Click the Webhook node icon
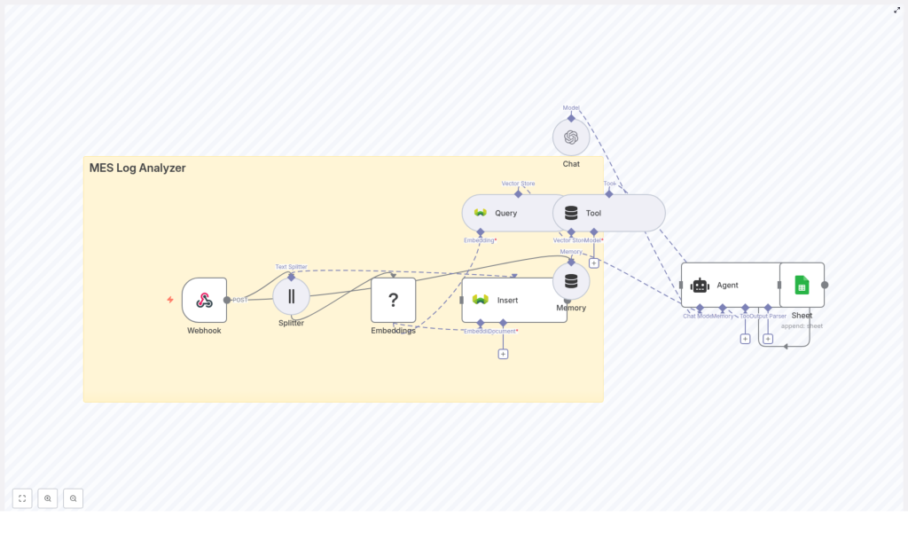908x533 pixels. [x=204, y=300]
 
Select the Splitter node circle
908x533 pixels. [x=291, y=296]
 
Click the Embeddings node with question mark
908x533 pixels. [x=393, y=300]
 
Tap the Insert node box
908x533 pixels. [x=513, y=300]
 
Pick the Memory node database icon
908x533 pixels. [x=571, y=281]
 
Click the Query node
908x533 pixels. [x=505, y=213]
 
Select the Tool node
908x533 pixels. [x=608, y=213]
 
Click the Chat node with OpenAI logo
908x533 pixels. [x=571, y=137]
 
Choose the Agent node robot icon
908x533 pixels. [x=700, y=285]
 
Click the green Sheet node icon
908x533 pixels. [x=802, y=285]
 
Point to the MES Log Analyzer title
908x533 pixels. [x=137, y=168]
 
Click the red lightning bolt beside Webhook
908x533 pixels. [x=170, y=300]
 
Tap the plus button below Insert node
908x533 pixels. [x=503, y=354]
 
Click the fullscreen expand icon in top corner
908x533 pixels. [x=896, y=11]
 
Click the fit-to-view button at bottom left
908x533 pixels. [x=22, y=498]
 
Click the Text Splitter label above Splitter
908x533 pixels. [x=291, y=266]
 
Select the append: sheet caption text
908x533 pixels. [x=802, y=325]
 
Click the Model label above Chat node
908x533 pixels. [x=571, y=107]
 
